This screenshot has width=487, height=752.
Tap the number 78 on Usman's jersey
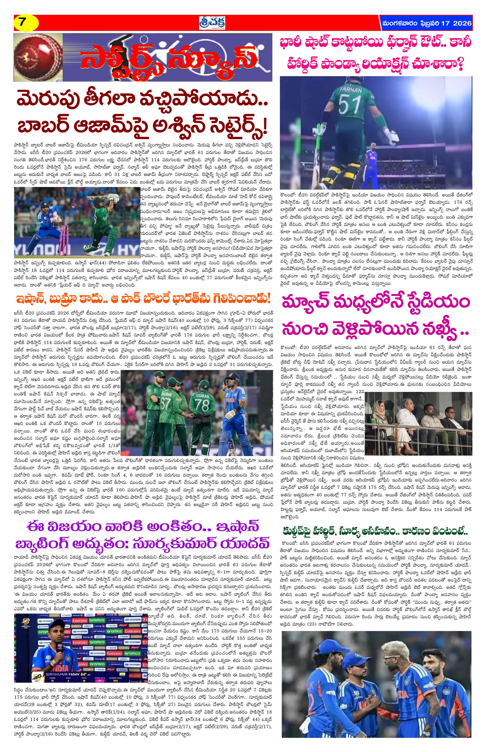[202, 404]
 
